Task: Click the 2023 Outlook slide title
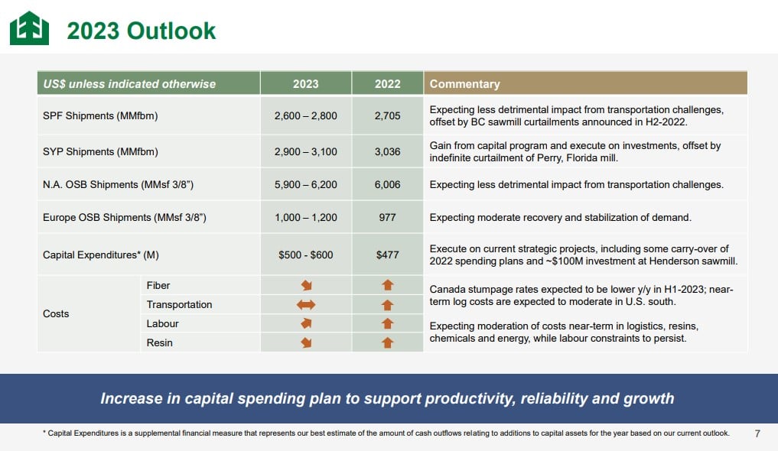pyautogui.click(x=142, y=31)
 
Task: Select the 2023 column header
pyautogui.click(x=306, y=84)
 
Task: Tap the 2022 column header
pyautogui.click(x=387, y=84)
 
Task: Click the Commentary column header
pyautogui.click(x=464, y=84)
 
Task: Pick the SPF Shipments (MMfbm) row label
pyautogui.click(x=100, y=116)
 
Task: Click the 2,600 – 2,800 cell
pyautogui.click(x=306, y=116)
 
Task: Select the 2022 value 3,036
pyautogui.click(x=387, y=151)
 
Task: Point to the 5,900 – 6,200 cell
pyautogui.click(x=306, y=184)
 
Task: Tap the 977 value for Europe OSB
pyautogui.click(x=387, y=217)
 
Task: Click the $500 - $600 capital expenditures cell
pyautogui.click(x=306, y=255)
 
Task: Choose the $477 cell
pyautogui.click(x=387, y=255)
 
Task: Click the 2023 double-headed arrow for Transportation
pyautogui.click(x=306, y=304)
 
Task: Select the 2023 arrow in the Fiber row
pyautogui.click(x=306, y=285)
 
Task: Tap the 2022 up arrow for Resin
pyautogui.click(x=387, y=342)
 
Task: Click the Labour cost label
pyautogui.click(x=162, y=323)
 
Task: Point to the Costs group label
pyautogui.click(x=56, y=313)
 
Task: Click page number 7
pyautogui.click(x=757, y=434)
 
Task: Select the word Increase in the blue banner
pyautogui.click(x=132, y=398)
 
